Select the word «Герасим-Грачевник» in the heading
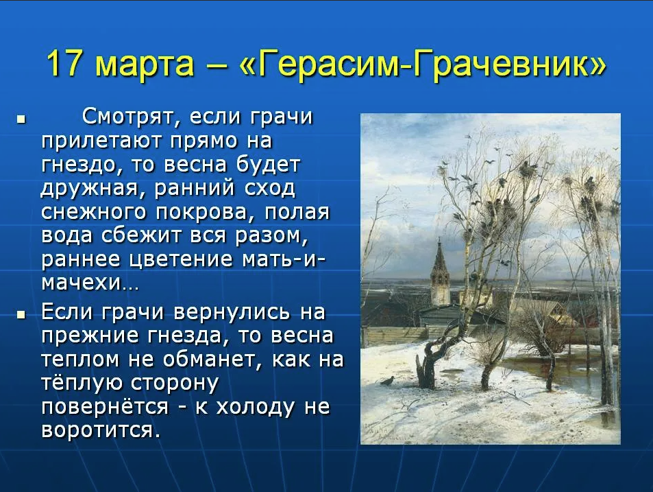[423, 65]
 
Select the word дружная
[89, 189]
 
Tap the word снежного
[94, 213]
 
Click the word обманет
[212, 360]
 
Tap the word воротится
[101, 431]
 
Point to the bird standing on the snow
[388, 380]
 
